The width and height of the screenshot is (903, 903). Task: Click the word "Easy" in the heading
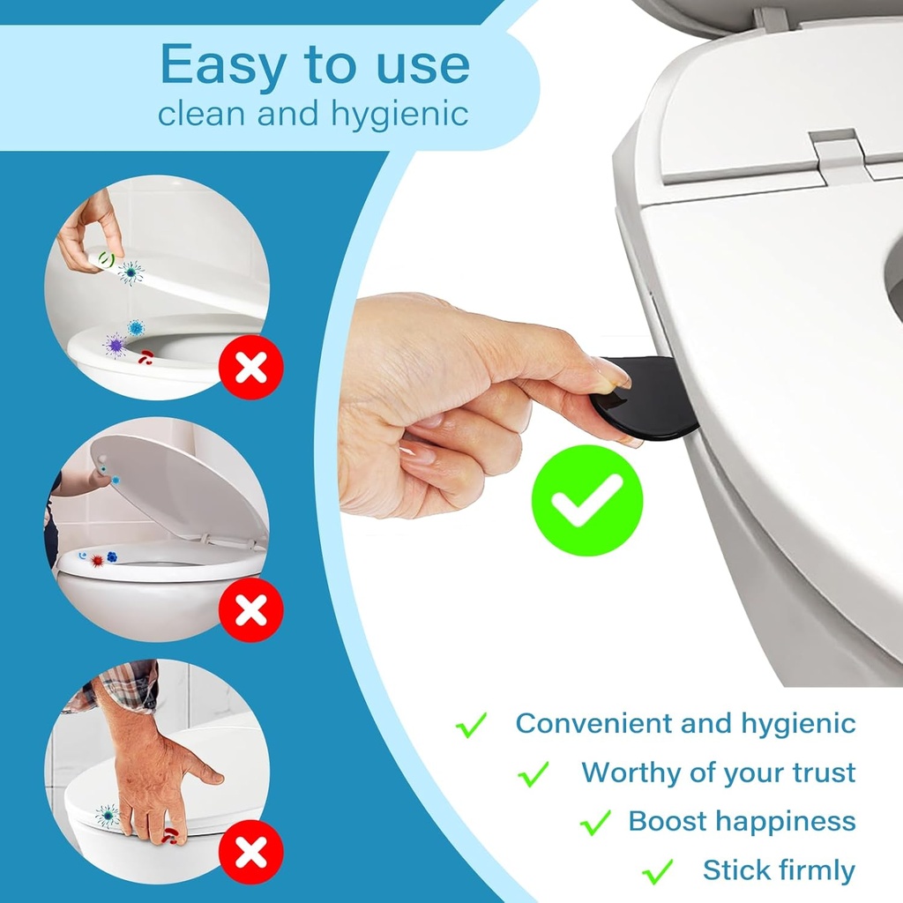[226, 65]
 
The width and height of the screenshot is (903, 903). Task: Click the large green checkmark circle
[586, 500]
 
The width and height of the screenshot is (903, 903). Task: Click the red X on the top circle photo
[251, 368]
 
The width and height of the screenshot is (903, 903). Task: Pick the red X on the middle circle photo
[251, 608]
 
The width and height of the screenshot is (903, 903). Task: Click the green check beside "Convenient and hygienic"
[472, 725]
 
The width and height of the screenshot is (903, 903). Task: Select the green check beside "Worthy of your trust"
[534, 774]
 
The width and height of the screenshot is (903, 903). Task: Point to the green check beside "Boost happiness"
[595, 823]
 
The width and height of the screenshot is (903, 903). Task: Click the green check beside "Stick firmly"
[658, 871]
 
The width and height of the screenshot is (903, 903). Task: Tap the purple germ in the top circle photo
[115, 345]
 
